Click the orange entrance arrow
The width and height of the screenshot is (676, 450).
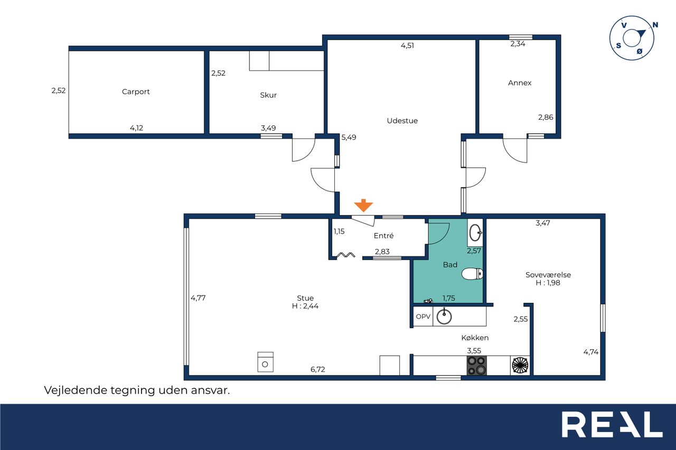tap(363, 205)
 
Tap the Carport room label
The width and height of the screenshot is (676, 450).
tap(136, 92)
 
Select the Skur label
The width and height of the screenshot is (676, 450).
tap(268, 95)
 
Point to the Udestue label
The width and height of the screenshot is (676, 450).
tap(402, 121)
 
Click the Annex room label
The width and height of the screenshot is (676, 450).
tap(520, 83)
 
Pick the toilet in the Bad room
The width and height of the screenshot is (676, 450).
tap(472, 274)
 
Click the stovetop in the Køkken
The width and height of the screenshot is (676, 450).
tap(476, 366)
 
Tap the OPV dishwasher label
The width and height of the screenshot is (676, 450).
tap(423, 317)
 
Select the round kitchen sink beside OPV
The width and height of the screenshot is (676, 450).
tap(444, 317)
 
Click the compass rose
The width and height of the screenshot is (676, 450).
tap(632, 39)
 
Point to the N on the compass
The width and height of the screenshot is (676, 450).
tap(655, 25)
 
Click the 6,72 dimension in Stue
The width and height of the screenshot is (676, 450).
tap(318, 369)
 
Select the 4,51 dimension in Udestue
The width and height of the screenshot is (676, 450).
tap(407, 45)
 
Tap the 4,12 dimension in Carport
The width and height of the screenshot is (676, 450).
tap(136, 128)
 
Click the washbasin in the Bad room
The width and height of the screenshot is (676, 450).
tap(476, 233)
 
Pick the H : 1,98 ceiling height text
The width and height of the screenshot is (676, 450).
tap(548, 283)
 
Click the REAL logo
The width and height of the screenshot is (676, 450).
tap(612, 424)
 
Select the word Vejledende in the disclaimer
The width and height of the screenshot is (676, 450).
tap(76, 390)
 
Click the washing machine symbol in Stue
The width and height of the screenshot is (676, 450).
tap(265, 362)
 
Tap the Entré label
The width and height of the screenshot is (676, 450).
tap(383, 236)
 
